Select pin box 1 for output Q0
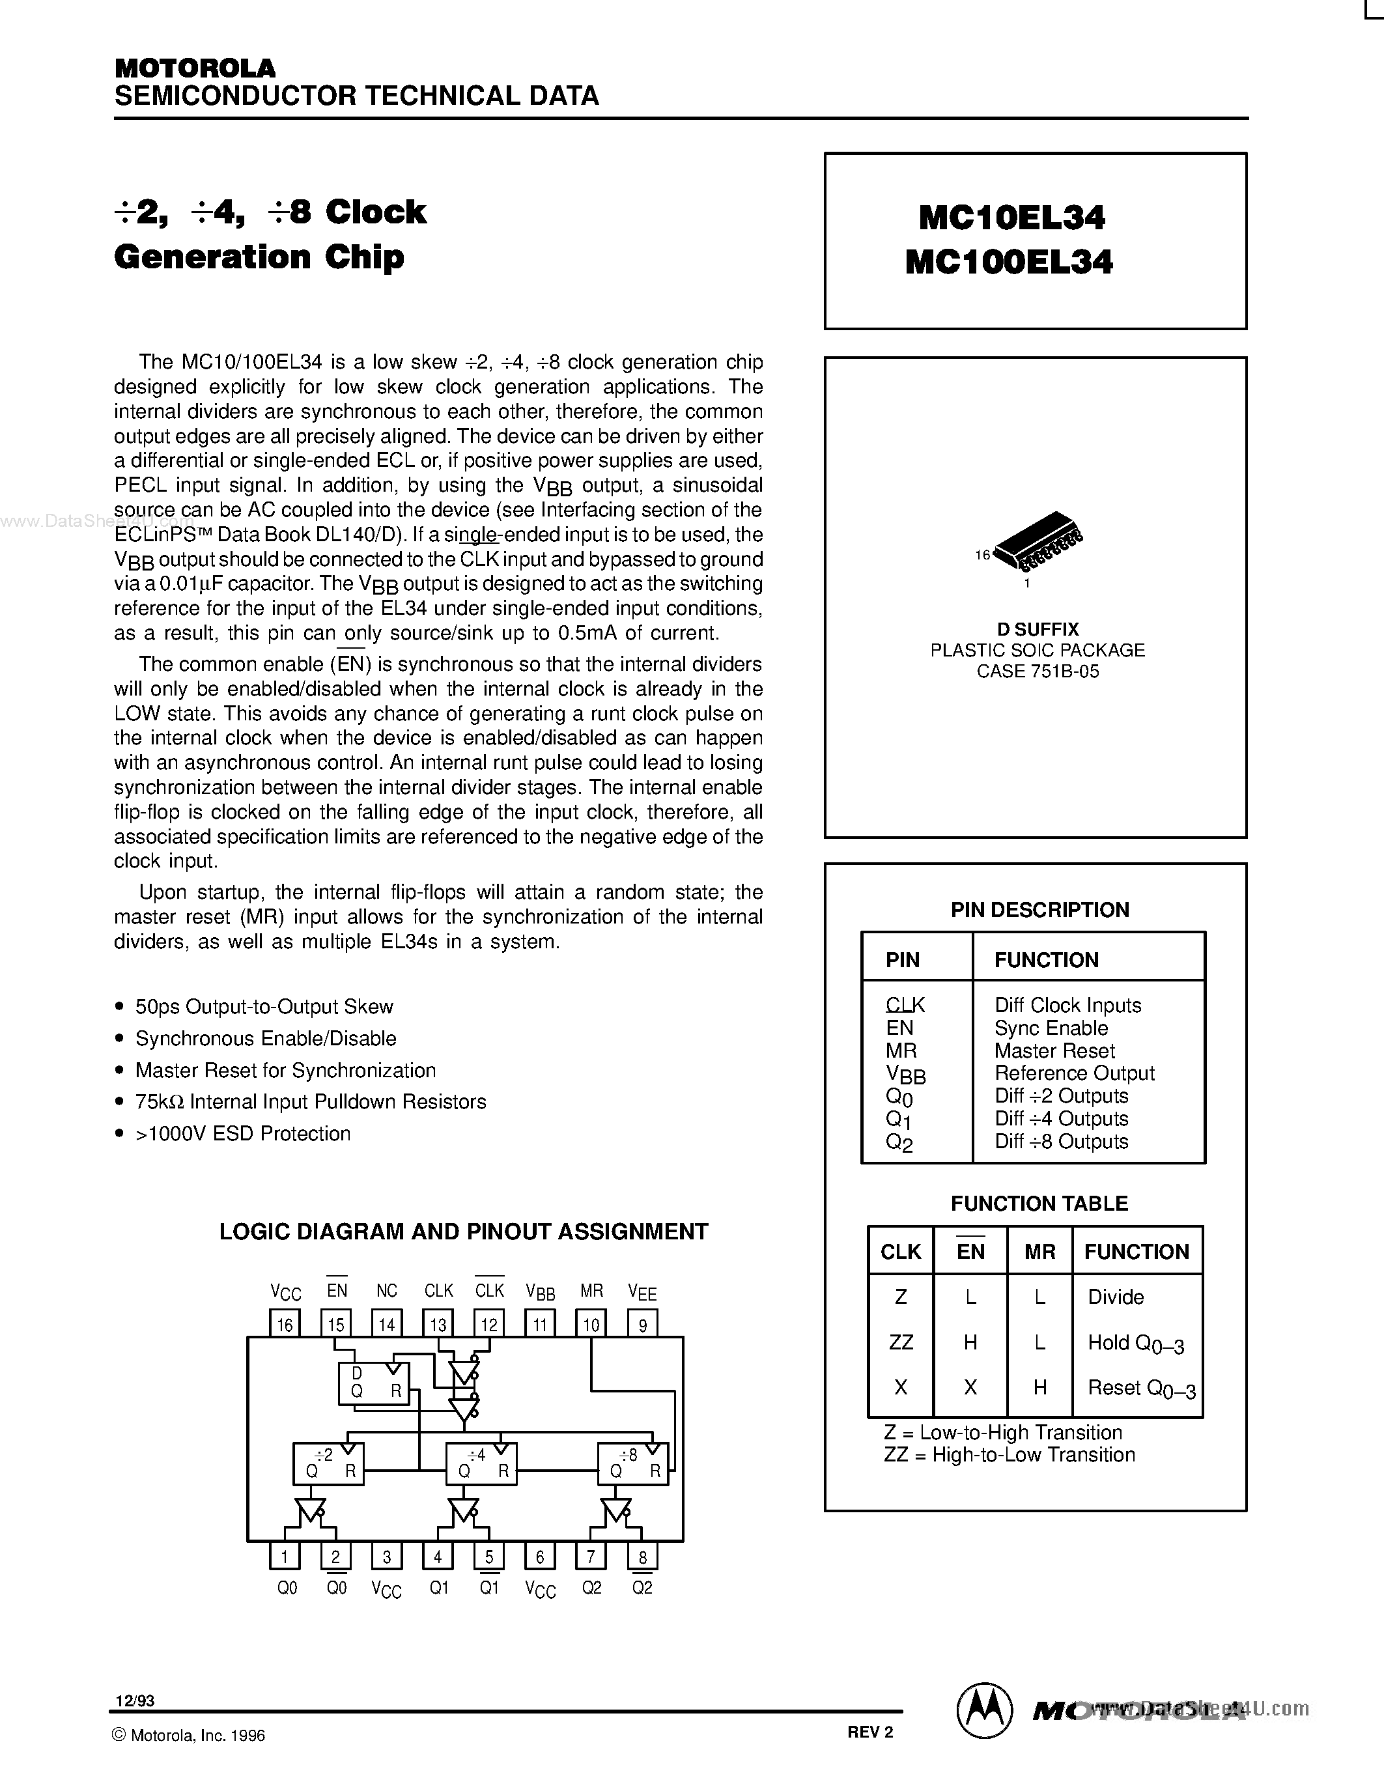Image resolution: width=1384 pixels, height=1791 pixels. coord(285,1556)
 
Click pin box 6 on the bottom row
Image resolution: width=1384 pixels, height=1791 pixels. coord(539,1556)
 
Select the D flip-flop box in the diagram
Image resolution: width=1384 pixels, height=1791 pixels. coord(374,1383)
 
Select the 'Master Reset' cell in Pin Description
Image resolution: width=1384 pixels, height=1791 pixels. coord(1054,1051)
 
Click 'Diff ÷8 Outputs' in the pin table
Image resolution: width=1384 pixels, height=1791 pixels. coord(1061,1142)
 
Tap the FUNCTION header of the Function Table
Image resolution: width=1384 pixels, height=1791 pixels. coord(1137,1251)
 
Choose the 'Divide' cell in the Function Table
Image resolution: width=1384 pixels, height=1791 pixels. coord(1115,1297)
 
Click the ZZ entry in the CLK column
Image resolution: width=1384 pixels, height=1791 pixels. coord(900,1342)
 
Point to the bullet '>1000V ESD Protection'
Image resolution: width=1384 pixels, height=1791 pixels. coord(243,1133)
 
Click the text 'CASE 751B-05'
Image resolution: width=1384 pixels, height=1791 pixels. coord(1037,671)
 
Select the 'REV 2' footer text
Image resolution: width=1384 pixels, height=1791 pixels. coord(870,1732)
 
